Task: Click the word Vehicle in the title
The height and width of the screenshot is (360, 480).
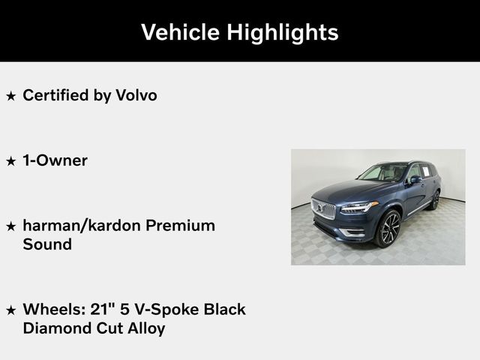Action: coord(178,32)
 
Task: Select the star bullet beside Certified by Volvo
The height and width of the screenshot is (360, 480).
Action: coord(10,96)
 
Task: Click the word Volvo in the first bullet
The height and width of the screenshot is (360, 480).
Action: coord(136,95)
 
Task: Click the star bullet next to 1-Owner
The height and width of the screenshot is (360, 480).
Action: coord(10,161)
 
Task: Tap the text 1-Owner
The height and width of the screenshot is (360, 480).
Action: coord(55,160)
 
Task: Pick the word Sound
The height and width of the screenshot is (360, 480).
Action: coord(47,244)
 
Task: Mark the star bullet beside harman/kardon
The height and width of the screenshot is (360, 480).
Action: coord(10,226)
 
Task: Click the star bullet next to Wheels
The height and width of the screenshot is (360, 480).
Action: coord(10,310)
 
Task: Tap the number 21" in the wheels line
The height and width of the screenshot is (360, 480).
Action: coord(94,309)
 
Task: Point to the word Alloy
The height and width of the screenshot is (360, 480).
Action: coord(144,328)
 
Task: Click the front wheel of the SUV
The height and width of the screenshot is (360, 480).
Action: coord(388,228)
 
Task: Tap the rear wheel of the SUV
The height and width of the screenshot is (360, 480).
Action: coord(435,199)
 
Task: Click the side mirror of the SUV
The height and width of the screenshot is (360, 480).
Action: coord(415,180)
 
